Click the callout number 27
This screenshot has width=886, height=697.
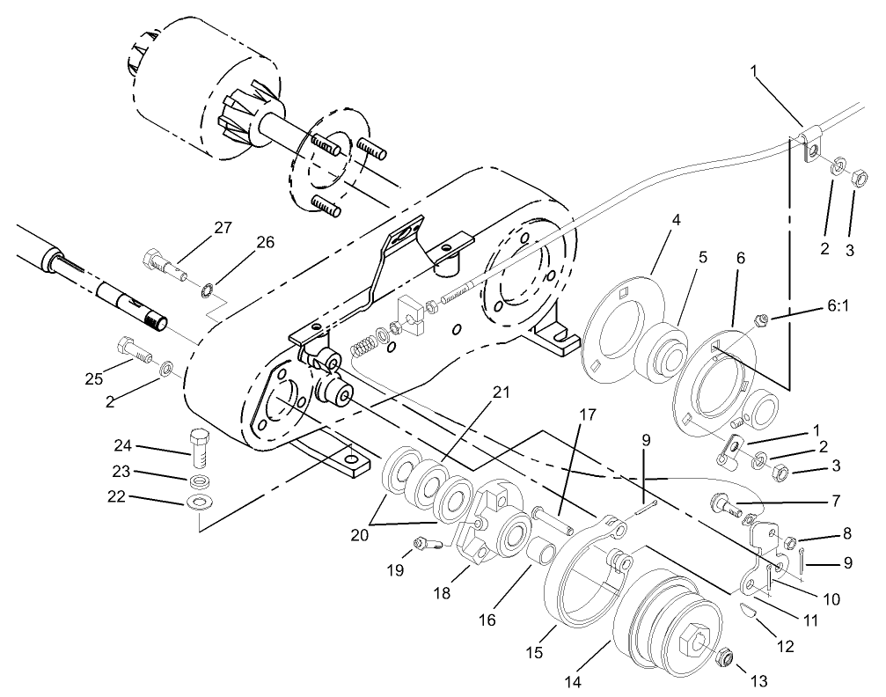coord(222,228)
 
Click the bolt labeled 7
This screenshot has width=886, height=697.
coord(724,506)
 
